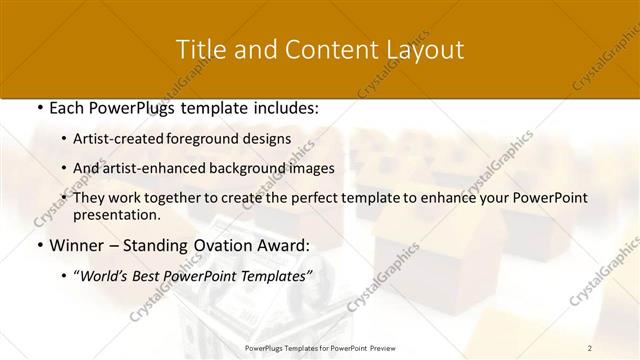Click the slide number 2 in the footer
pyautogui.click(x=590, y=348)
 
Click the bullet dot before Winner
pyautogui.click(x=38, y=246)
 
